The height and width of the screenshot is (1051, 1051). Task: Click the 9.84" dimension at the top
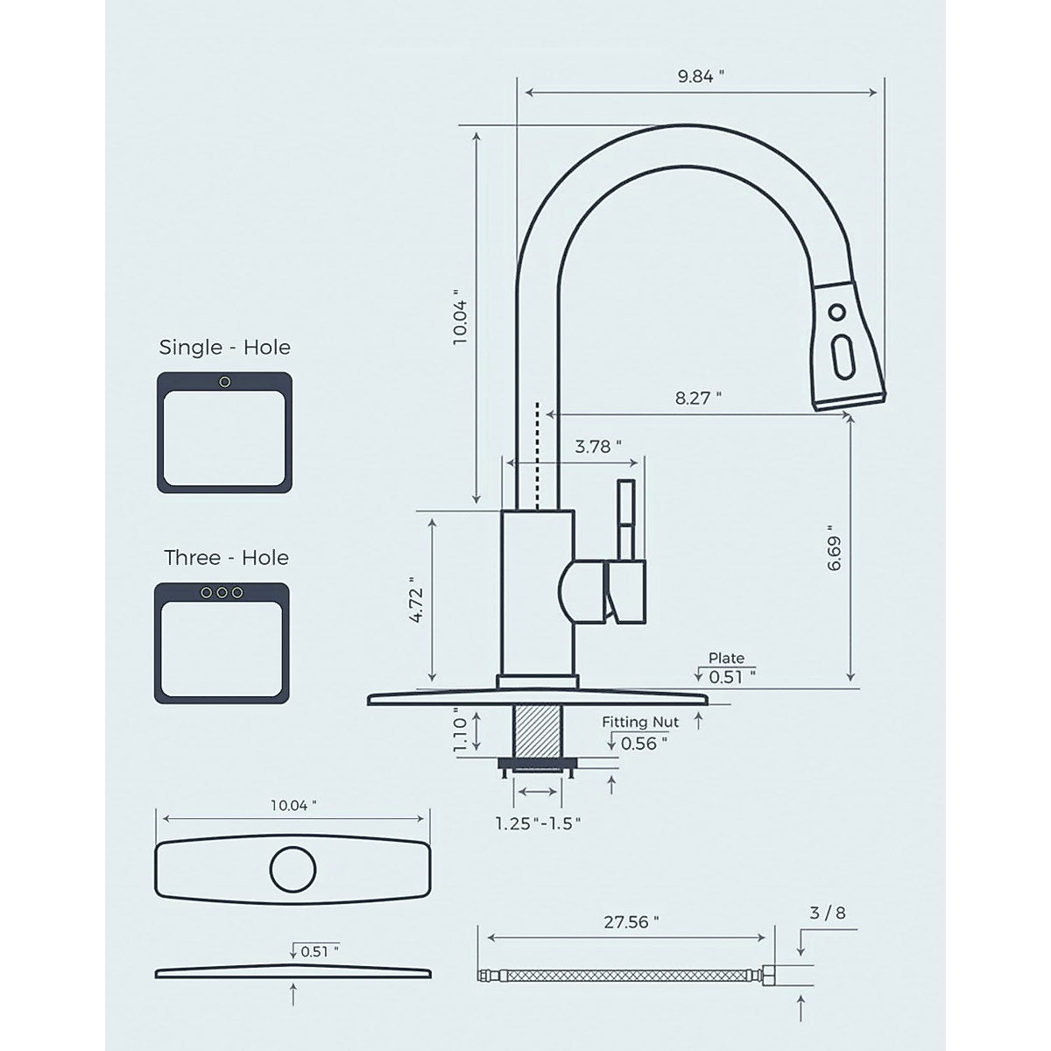coord(701,76)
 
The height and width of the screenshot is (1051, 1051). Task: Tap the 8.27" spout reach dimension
coord(698,399)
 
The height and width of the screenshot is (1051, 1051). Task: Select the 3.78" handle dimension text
coord(597,447)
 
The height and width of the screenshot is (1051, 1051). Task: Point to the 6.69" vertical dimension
coord(834,554)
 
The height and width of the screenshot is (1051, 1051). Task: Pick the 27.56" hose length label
coord(631,922)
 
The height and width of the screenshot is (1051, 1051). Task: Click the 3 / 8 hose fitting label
coord(828,913)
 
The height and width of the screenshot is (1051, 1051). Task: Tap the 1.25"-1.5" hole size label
coord(538,823)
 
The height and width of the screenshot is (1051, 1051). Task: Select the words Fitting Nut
coord(640,723)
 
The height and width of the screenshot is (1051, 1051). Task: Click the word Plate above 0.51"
coord(726,658)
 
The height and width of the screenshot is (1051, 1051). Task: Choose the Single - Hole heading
coord(224,348)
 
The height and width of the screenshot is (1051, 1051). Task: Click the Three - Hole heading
coord(226,558)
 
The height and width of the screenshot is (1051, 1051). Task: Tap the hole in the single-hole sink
coord(225,381)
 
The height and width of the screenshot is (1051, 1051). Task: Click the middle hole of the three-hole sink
coord(222,593)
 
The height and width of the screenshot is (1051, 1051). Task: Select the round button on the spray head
coord(837,313)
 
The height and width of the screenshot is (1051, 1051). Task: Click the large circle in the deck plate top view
coord(293,870)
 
